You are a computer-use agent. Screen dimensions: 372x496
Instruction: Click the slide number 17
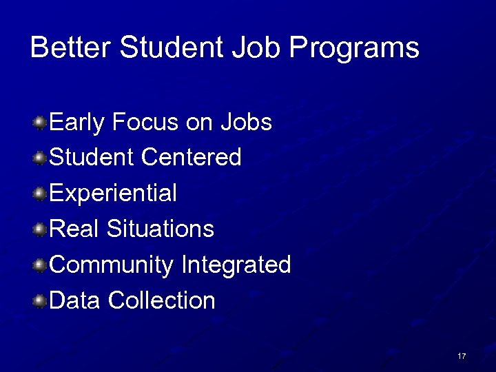[x=462, y=356]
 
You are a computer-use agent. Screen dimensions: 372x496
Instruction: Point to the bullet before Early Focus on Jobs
[x=41, y=123]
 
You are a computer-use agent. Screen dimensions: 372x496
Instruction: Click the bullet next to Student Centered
[x=41, y=158]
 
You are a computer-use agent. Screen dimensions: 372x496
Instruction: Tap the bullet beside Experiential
[x=41, y=194]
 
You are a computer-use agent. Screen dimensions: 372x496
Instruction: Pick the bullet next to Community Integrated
[x=41, y=265]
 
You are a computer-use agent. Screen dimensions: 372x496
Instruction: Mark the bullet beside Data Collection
[x=41, y=300]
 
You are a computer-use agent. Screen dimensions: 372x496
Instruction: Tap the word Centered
[x=191, y=158]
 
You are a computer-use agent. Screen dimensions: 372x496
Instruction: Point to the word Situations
[x=160, y=229]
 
